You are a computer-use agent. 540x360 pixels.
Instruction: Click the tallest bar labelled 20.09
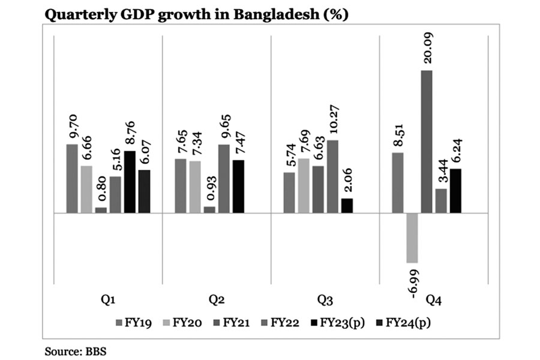[x=427, y=142]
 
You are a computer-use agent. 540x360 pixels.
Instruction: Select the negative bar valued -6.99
[x=412, y=238]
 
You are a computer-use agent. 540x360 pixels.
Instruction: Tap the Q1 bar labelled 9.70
[x=72, y=179]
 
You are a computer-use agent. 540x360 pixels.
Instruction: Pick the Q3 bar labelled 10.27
[x=332, y=176]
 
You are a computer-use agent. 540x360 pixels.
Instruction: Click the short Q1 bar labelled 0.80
[x=101, y=210]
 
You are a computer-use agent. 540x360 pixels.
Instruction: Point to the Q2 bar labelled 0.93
[x=209, y=209]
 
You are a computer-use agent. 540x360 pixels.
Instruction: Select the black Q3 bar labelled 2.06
[x=347, y=205]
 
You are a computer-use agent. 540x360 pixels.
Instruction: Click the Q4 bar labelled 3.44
[x=441, y=201]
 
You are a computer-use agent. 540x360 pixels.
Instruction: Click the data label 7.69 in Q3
[x=304, y=142]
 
